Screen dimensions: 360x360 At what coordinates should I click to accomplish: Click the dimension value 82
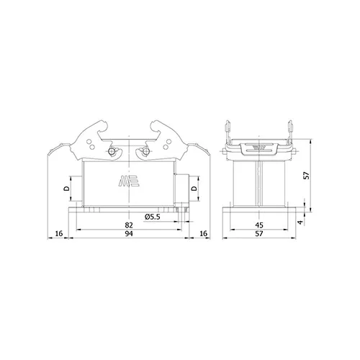click(129, 225)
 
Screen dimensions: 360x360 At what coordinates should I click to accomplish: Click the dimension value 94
click(129, 233)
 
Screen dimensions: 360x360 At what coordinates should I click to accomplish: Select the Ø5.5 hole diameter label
click(152, 217)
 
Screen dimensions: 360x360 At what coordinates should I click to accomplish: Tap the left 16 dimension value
click(59, 233)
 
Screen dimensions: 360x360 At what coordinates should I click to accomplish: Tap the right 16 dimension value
click(203, 233)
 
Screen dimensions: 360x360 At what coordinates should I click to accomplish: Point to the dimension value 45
click(259, 225)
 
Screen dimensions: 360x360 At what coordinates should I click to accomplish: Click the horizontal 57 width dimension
click(259, 233)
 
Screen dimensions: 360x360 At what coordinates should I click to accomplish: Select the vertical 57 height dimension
click(307, 176)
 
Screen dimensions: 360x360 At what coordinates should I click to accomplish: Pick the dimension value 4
click(300, 222)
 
